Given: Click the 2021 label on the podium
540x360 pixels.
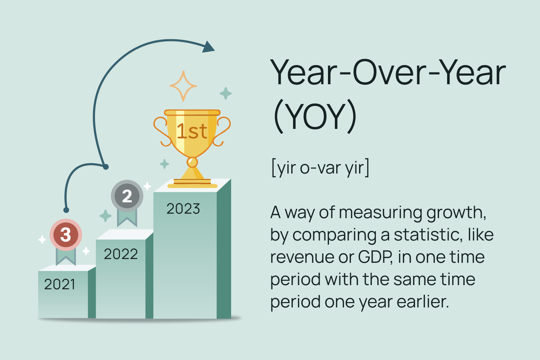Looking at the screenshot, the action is (x=59, y=284).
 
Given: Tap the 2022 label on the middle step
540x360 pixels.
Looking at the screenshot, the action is (x=121, y=254).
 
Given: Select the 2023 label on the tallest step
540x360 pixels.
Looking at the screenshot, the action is (x=183, y=209).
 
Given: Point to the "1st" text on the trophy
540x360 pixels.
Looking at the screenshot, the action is (x=192, y=131).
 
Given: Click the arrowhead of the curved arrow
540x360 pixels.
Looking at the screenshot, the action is (x=208, y=46).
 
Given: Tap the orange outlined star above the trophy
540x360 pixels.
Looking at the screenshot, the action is (x=183, y=86).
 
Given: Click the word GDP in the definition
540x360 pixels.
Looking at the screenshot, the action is (x=375, y=257).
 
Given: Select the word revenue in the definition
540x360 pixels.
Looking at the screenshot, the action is (x=302, y=257).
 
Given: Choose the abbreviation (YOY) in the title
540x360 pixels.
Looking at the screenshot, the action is (x=315, y=116).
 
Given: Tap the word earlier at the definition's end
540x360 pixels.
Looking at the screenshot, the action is (x=423, y=302).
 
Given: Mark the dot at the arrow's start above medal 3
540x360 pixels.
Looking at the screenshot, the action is (x=66, y=210).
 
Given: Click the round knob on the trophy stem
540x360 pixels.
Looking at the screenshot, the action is (x=192, y=162).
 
